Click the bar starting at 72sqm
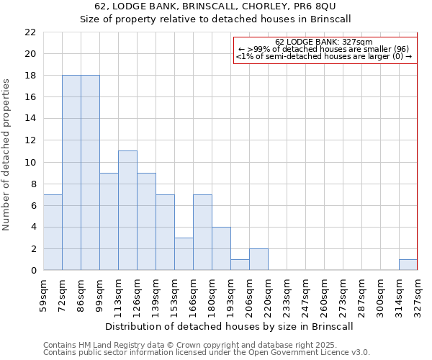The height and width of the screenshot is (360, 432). [71, 173]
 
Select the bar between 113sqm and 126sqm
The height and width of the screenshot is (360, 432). [127, 210]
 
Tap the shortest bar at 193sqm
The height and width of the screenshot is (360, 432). [240, 265]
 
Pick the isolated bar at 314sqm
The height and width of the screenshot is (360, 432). [408, 265]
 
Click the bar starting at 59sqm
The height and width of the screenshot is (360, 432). [53, 232]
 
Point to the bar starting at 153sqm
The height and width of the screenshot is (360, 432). [184, 253]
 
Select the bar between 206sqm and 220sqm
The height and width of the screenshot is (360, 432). [258, 259]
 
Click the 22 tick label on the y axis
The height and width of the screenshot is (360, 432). [30, 32]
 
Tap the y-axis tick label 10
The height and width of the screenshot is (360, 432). [30, 162]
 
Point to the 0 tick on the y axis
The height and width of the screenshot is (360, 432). [32, 271]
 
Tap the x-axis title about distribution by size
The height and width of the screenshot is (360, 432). [230, 326]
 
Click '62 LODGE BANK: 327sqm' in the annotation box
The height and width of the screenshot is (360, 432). [324, 42]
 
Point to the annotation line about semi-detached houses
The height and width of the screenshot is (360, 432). [324, 56]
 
